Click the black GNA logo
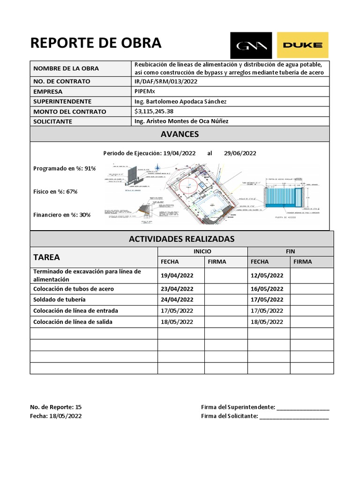coord(251,45)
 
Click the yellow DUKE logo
coord(302,45)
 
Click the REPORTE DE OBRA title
coord(96,43)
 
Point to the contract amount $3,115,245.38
coord(154,112)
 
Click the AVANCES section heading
coord(180,135)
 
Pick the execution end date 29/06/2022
coord(240,153)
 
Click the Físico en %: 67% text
coord(55,191)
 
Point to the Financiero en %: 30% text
coord(62,215)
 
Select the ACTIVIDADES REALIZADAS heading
coord(181,239)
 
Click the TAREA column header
coord(46,257)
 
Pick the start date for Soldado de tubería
coord(177,300)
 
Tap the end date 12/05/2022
coord(267,275)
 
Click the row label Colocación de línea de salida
coord(73,322)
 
